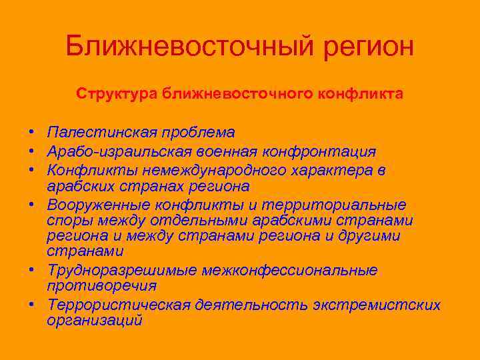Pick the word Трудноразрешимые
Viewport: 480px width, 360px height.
pyautogui.click(x=122, y=271)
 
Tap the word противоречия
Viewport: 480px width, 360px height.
pyautogui.click(x=102, y=286)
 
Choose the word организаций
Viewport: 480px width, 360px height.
pyautogui.click(x=95, y=320)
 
